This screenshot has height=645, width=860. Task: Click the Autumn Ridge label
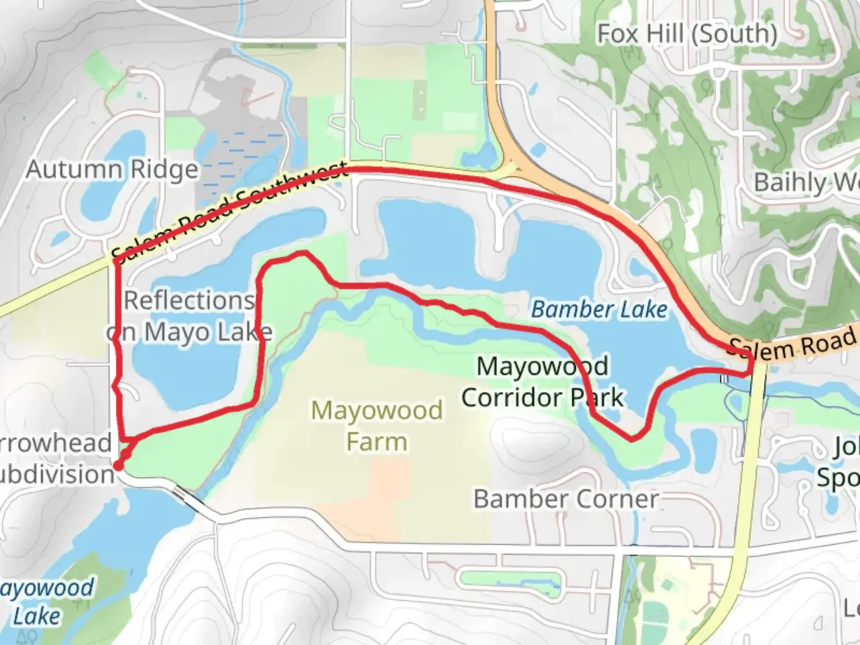112,170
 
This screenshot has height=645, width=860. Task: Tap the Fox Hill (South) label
687,34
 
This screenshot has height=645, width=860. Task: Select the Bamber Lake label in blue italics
599,309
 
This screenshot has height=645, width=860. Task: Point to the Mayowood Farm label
377,426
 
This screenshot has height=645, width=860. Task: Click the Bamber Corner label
566,499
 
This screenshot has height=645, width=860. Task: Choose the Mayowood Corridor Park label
542,382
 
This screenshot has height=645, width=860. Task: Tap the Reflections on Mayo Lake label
190,316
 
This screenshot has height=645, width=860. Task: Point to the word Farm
377,443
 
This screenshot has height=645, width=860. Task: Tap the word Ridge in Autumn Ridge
164,170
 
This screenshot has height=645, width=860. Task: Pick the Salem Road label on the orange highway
793,345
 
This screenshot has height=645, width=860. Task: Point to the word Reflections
189,300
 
